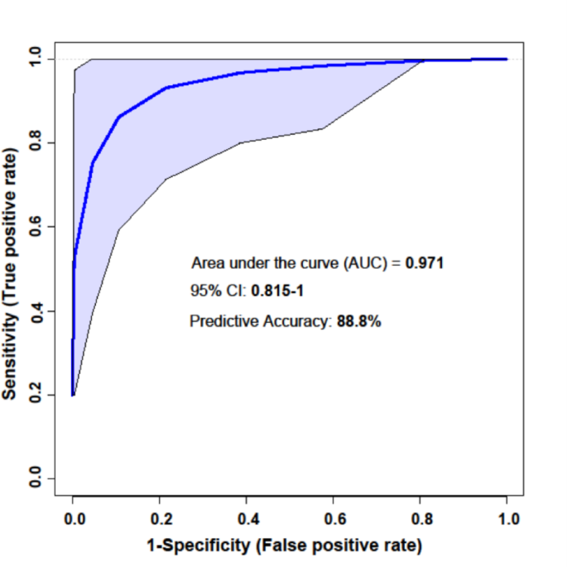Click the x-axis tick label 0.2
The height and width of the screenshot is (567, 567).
tap(160, 519)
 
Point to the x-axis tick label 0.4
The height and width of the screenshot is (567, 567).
tap(247, 519)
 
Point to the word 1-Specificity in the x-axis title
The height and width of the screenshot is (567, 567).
tap(188, 545)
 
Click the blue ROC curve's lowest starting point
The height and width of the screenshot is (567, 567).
tap(73, 395)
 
